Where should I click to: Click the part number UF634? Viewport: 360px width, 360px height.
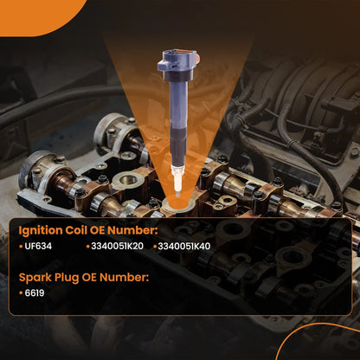38,247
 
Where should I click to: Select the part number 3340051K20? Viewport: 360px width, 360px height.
117,247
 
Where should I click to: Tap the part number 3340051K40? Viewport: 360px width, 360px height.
184,247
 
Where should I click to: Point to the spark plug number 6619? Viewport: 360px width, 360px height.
35,293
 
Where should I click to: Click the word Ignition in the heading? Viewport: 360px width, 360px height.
41,231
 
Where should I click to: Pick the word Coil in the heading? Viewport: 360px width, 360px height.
76,230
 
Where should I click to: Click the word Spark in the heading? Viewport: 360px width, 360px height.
35,278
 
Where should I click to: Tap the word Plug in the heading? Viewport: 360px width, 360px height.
67,278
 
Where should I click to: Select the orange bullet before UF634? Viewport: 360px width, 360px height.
21,247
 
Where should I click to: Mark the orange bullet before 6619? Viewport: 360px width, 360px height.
21,293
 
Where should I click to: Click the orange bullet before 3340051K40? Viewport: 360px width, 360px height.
155,247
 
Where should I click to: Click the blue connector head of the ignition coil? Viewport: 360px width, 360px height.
177,62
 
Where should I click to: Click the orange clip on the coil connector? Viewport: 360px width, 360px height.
197,59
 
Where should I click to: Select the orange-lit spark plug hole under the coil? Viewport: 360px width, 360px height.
177,204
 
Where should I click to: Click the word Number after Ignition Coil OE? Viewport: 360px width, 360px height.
132,230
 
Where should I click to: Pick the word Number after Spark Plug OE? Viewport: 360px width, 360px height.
125,277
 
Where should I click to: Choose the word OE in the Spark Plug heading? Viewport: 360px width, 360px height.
89,278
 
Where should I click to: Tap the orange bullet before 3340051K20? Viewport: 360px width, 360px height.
88,247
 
